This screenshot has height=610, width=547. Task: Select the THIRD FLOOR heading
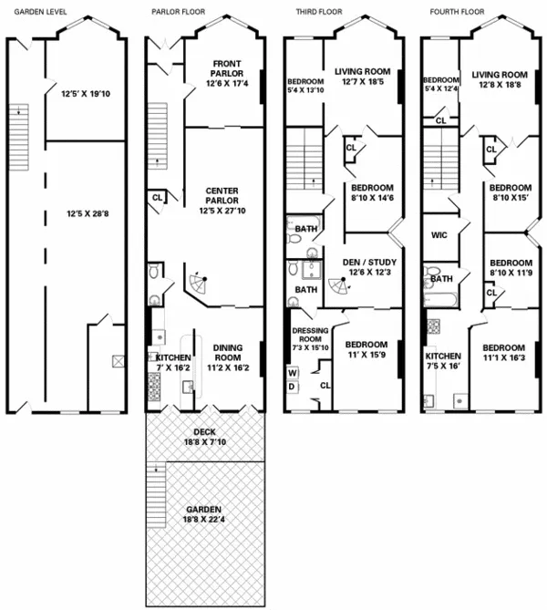[316, 13]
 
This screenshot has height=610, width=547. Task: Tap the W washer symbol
[294, 372]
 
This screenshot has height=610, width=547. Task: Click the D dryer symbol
[294, 387]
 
